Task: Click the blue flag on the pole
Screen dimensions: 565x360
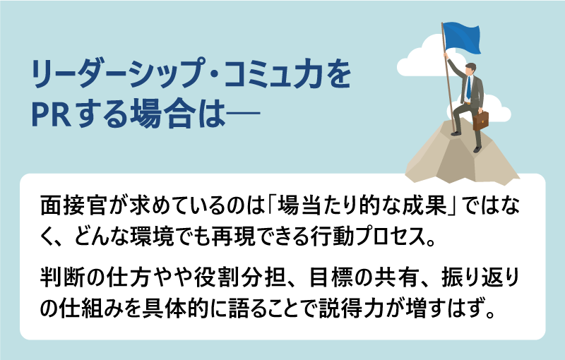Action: (462, 37)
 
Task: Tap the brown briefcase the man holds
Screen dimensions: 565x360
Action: (481, 120)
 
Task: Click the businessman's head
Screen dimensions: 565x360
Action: (470, 68)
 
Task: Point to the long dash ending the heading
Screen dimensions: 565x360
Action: (242, 115)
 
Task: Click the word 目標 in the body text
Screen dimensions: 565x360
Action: (331, 277)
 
